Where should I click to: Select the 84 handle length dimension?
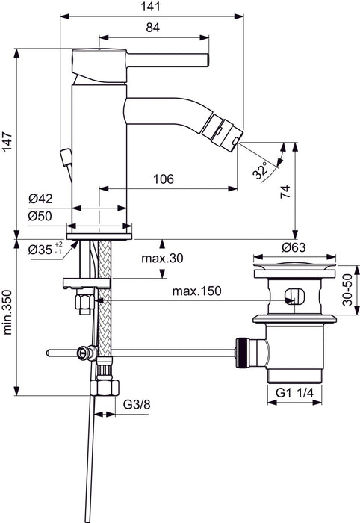pyautogui.click(x=152, y=28)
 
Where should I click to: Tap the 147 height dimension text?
pyautogui.click(x=7, y=143)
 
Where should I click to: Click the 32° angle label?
pyautogui.click(x=261, y=171)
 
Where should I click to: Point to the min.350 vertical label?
pyautogui.click(x=7, y=315)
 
